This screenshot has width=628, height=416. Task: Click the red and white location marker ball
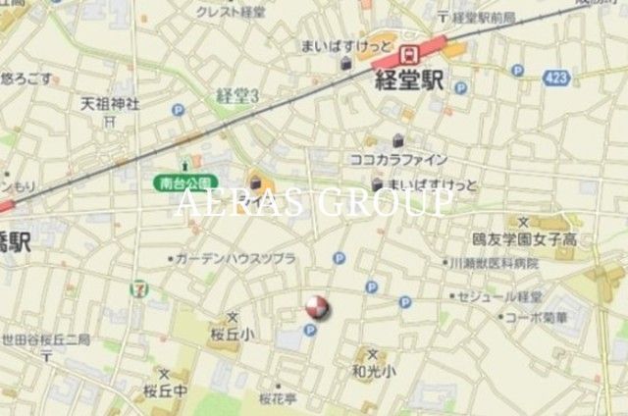tap(316, 309)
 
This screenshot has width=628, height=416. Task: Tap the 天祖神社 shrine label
tap(109, 103)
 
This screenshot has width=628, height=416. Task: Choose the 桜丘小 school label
tap(232, 334)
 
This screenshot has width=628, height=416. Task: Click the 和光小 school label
tap(373, 371)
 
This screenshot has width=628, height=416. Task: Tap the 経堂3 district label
tap(236, 95)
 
